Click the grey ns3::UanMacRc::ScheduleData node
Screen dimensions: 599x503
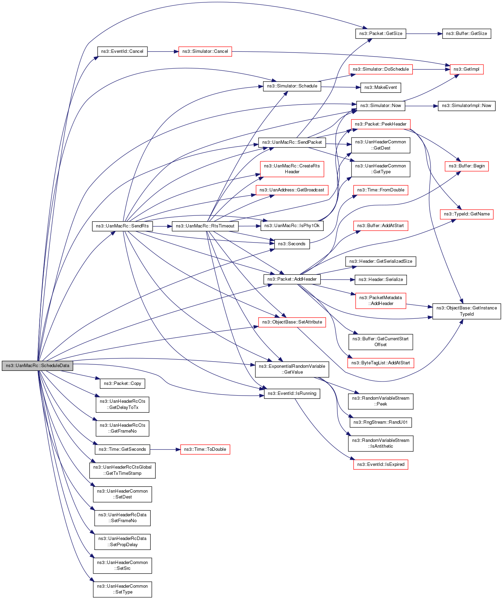click(37, 366)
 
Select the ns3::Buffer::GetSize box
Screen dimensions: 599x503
click(466, 34)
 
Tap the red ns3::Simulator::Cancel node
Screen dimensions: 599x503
click(205, 51)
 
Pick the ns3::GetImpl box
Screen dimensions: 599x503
click(466, 69)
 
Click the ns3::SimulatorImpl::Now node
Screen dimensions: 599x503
click(466, 106)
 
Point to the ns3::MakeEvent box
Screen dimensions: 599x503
click(380, 87)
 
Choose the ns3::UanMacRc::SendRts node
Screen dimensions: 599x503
click(122, 226)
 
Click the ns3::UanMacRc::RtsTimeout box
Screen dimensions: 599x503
click(205, 226)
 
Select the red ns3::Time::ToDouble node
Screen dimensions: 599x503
click(205, 449)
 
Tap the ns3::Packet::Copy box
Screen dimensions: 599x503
click(122, 384)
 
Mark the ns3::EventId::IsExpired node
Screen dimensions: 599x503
click(381, 465)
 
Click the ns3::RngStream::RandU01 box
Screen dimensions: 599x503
click(380, 422)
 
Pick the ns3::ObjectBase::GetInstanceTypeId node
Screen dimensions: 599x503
click(466, 311)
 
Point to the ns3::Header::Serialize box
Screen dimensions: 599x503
click(381, 280)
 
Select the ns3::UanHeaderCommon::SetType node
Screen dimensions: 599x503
click(122, 589)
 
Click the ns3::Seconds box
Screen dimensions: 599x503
click(291, 244)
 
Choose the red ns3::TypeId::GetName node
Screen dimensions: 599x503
click(466, 214)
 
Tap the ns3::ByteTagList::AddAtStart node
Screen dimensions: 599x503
click(381, 363)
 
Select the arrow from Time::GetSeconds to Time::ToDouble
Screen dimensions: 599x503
click(165, 449)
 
